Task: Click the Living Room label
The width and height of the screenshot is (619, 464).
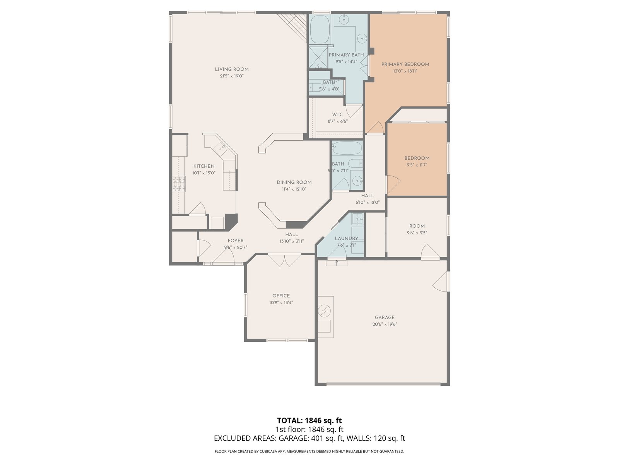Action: (x=231, y=69)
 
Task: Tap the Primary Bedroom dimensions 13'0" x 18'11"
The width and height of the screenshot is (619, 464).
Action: (x=405, y=71)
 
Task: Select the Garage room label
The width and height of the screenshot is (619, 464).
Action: (x=385, y=317)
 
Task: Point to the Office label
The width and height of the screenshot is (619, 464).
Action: (x=281, y=296)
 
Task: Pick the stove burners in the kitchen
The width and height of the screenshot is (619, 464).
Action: (x=179, y=184)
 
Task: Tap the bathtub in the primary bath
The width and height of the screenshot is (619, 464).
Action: (x=320, y=29)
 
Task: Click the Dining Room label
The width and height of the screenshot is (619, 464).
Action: (x=294, y=182)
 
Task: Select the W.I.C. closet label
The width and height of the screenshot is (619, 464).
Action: (x=338, y=115)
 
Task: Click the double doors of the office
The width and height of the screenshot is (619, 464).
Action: (x=284, y=260)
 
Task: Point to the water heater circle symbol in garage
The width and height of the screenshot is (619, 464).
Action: (x=324, y=311)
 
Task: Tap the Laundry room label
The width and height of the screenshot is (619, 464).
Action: (x=346, y=238)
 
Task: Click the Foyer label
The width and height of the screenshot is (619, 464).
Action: (x=236, y=241)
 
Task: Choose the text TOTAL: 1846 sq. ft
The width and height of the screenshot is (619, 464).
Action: (x=309, y=420)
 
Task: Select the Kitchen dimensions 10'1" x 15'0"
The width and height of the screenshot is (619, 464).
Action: (x=203, y=173)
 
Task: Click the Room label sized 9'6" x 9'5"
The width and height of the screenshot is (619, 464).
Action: (x=417, y=226)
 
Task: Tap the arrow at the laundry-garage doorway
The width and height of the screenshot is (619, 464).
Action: (x=337, y=263)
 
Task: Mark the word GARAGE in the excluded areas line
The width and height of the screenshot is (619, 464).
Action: (x=294, y=438)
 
